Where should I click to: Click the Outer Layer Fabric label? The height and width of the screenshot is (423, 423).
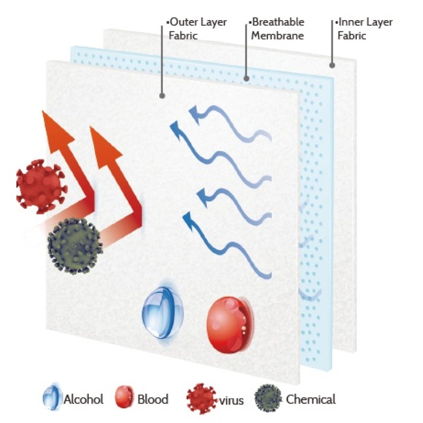pyautogui.click(x=197, y=29)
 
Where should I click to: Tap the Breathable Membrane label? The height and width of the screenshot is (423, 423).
pyautogui.click(x=278, y=29)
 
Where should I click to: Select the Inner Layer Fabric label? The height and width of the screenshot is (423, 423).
pyautogui.click(x=365, y=29)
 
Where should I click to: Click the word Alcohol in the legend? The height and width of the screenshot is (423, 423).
pyautogui.click(x=84, y=399)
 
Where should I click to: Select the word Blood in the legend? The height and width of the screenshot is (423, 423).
pyautogui.click(x=152, y=399)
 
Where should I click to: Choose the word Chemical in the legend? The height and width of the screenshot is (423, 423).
pyautogui.click(x=311, y=399)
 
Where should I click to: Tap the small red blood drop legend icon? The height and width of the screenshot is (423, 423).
pyautogui.click(x=123, y=398)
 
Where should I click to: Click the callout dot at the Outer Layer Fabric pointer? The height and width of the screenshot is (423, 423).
pyautogui.click(x=162, y=96)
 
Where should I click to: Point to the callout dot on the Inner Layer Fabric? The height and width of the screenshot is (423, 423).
pyautogui.click(x=332, y=66)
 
